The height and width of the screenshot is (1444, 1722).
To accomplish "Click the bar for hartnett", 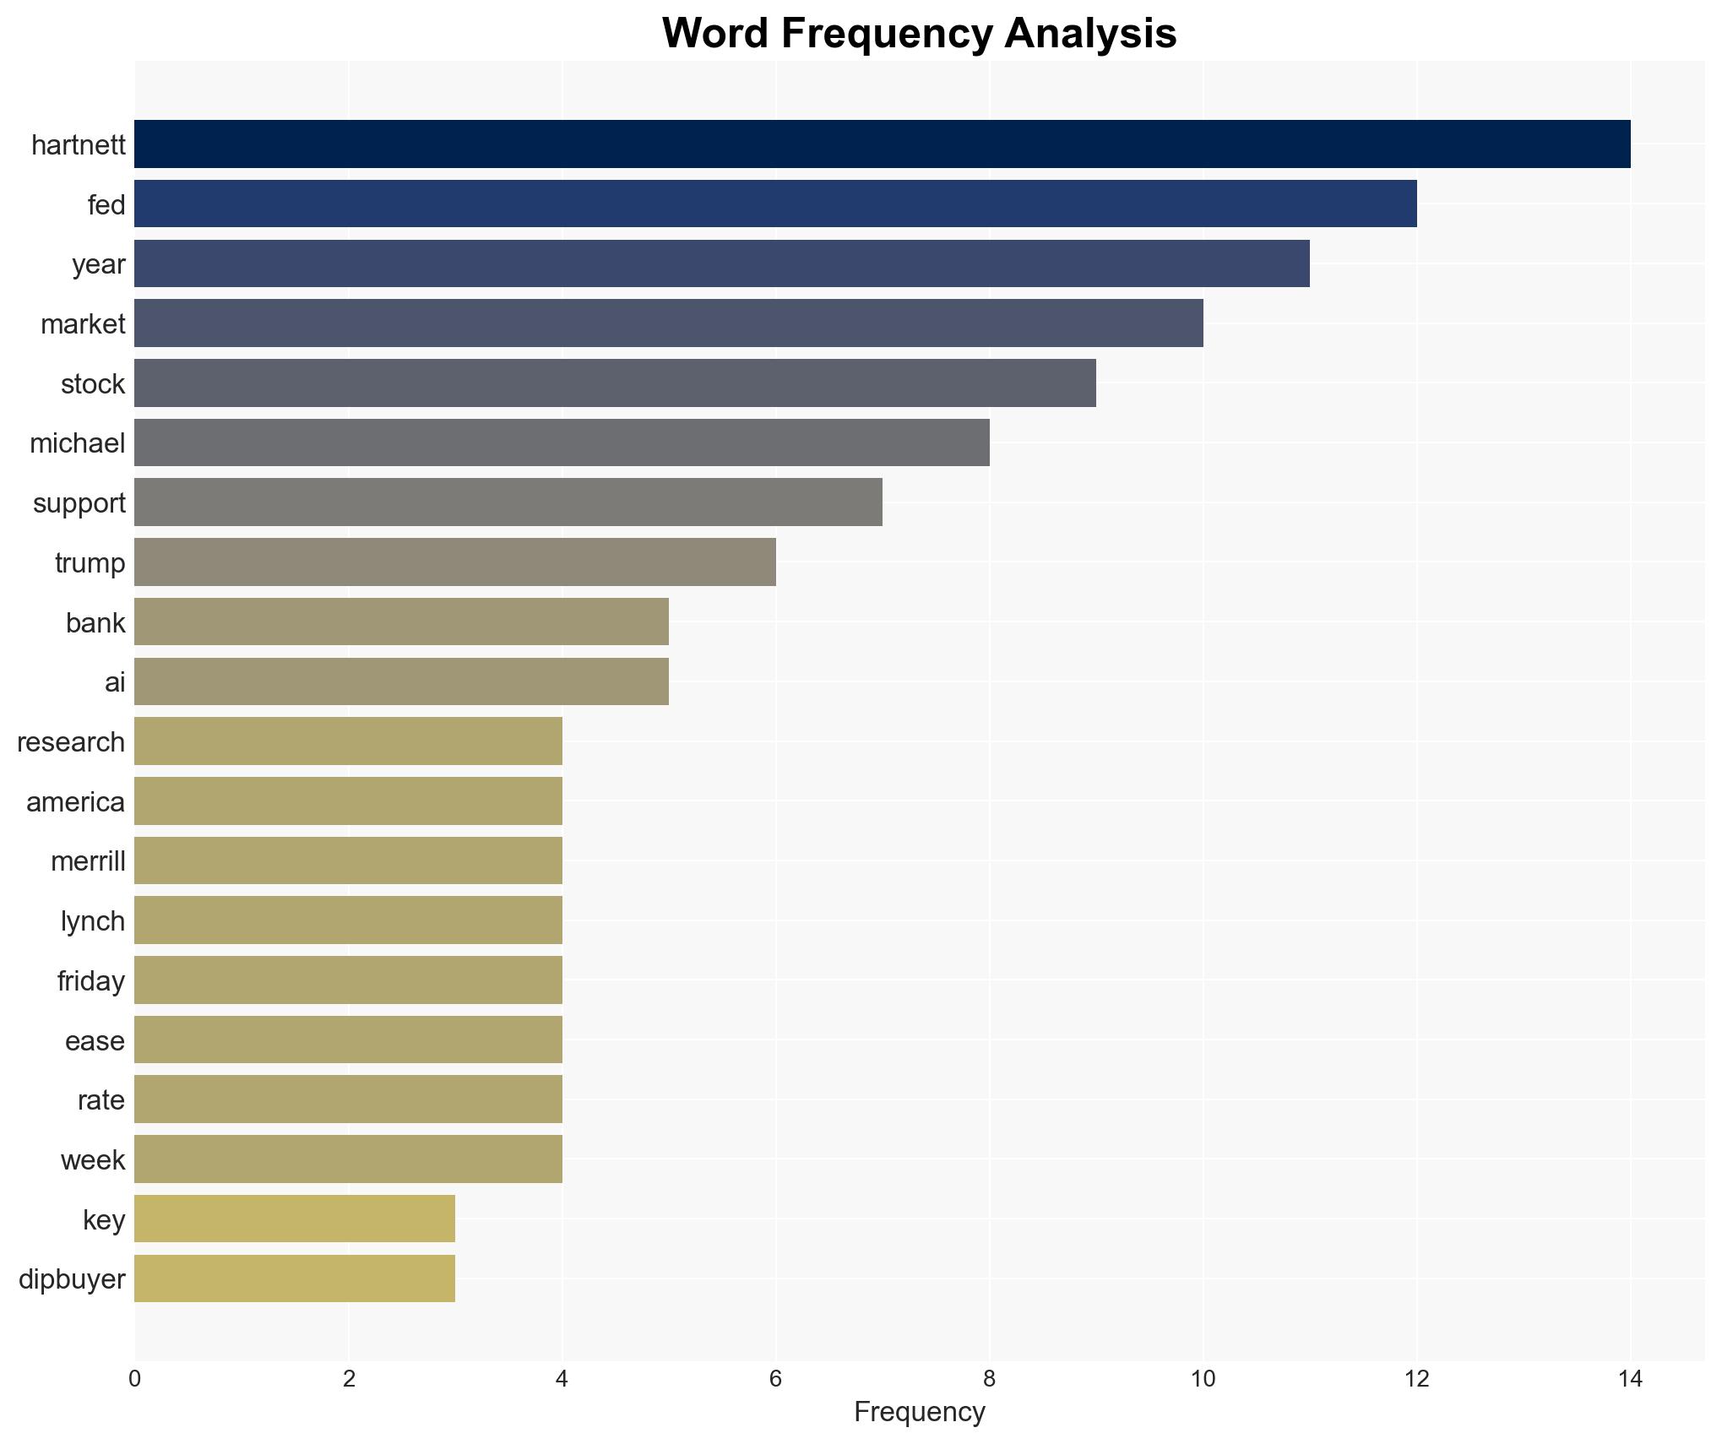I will coord(882,144).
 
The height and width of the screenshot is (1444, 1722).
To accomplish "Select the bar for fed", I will coord(775,204).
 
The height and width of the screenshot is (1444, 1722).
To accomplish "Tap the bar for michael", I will coord(562,442).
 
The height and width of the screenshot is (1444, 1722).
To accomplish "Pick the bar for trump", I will coord(454,562).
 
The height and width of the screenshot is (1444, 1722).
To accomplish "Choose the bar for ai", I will coord(401,681).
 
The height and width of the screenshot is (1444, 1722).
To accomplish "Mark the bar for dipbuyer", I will coord(294,1278).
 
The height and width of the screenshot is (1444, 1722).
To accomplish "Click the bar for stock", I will coord(615,383).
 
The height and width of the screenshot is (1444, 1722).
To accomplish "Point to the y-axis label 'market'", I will coord(83,324).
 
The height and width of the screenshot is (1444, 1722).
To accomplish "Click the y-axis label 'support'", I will coord(79,503).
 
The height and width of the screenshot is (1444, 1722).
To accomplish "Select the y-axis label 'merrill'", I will coord(88,861).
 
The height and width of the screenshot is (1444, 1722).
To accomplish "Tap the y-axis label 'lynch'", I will coord(93,921).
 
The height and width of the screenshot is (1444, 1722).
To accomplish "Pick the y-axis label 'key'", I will coord(104,1220).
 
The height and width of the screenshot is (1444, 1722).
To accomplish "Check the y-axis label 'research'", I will coord(71,742).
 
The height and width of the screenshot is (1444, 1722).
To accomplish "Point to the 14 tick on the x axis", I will coord(1630,1379).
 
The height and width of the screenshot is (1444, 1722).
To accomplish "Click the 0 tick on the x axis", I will coord(135,1379).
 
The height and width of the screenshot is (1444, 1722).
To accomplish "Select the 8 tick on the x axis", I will coord(989,1379).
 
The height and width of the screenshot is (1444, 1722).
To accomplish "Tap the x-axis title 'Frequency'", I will coord(919,1412).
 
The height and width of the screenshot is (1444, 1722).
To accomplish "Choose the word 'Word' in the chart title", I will coord(714,34).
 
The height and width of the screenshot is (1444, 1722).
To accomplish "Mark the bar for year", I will coord(721,263).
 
